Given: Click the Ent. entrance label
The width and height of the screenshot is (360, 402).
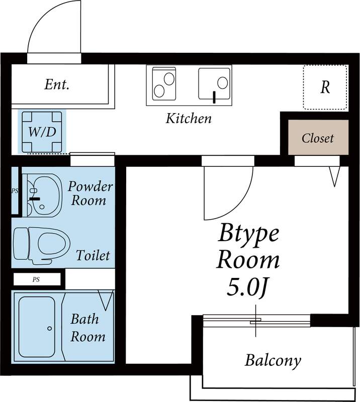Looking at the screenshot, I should pyautogui.click(x=57, y=84).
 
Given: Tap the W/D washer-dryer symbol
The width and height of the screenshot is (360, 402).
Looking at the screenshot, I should pyautogui.click(x=42, y=132).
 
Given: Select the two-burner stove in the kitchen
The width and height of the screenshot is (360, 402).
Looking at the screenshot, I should pyautogui.click(x=163, y=83).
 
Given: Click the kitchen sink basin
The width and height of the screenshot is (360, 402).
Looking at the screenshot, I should pyautogui.click(x=215, y=83).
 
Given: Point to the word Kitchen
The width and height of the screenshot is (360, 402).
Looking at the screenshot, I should pyautogui.click(x=189, y=119).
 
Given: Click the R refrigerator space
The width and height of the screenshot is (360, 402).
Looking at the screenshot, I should pyautogui.click(x=325, y=87).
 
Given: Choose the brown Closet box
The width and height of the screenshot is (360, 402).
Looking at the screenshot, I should pyautogui.click(x=318, y=138).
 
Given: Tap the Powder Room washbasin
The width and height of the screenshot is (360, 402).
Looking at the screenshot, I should pyautogui.click(x=43, y=194).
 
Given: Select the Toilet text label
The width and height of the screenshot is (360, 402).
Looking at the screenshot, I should pyautogui.click(x=93, y=255).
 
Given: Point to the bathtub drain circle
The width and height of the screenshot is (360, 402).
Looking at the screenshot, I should pyautogui.click(x=49, y=328).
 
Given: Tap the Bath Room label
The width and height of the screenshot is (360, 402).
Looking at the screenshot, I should pyautogui.click(x=87, y=328).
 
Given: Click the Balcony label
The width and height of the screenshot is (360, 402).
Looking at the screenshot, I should pyautogui.click(x=273, y=360).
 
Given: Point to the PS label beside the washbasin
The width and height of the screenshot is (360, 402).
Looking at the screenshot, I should pyautogui.click(x=15, y=191).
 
